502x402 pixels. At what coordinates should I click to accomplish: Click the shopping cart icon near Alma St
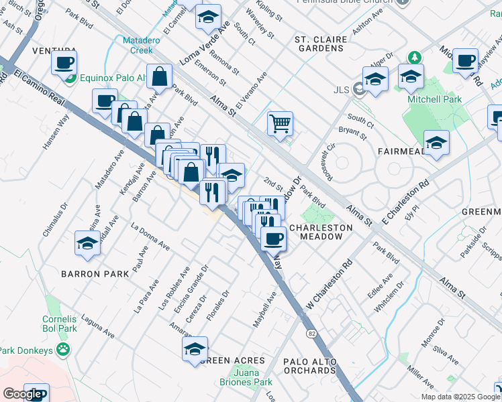pos(280,123)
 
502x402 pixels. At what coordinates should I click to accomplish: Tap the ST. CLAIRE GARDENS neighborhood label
pos(321,44)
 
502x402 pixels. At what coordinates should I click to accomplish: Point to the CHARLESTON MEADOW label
pos(321,232)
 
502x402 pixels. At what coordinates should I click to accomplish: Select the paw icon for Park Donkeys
pos(63,349)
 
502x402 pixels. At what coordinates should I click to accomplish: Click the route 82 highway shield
pos(311,333)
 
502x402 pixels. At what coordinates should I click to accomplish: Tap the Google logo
pos(21,394)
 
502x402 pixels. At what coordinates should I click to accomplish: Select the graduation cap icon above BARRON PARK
pos(87,244)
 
